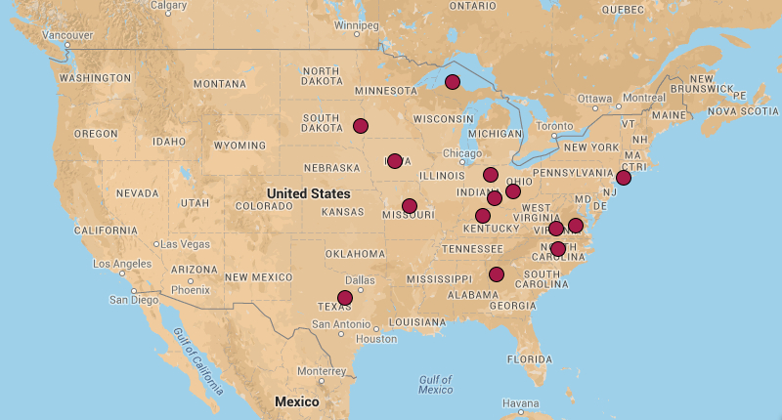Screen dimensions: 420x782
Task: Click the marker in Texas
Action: click(345, 298)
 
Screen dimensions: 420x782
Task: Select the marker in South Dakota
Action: click(361, 126)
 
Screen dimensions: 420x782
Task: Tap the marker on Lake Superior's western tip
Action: click(453, 82)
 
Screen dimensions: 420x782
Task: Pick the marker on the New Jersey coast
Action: click(624, 178)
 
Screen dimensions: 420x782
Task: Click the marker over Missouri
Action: click(410, 206)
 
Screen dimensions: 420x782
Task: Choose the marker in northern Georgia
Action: click(497, 274)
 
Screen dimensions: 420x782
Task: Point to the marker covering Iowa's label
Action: click(395, 161)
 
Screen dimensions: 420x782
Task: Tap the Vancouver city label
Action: click(67, 35)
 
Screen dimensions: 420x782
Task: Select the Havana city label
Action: click(520, 402)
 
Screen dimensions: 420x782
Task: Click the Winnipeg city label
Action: click(356, 24)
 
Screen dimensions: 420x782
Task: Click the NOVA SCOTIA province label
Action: click(744, 110)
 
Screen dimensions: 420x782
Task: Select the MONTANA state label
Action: click(219, 84)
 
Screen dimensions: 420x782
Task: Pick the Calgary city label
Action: click(168, 5)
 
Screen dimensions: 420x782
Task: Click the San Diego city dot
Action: click(134, 291)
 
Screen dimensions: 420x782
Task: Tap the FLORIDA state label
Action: click(530, 358)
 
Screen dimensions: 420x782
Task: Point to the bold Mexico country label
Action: click(296, 401)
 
